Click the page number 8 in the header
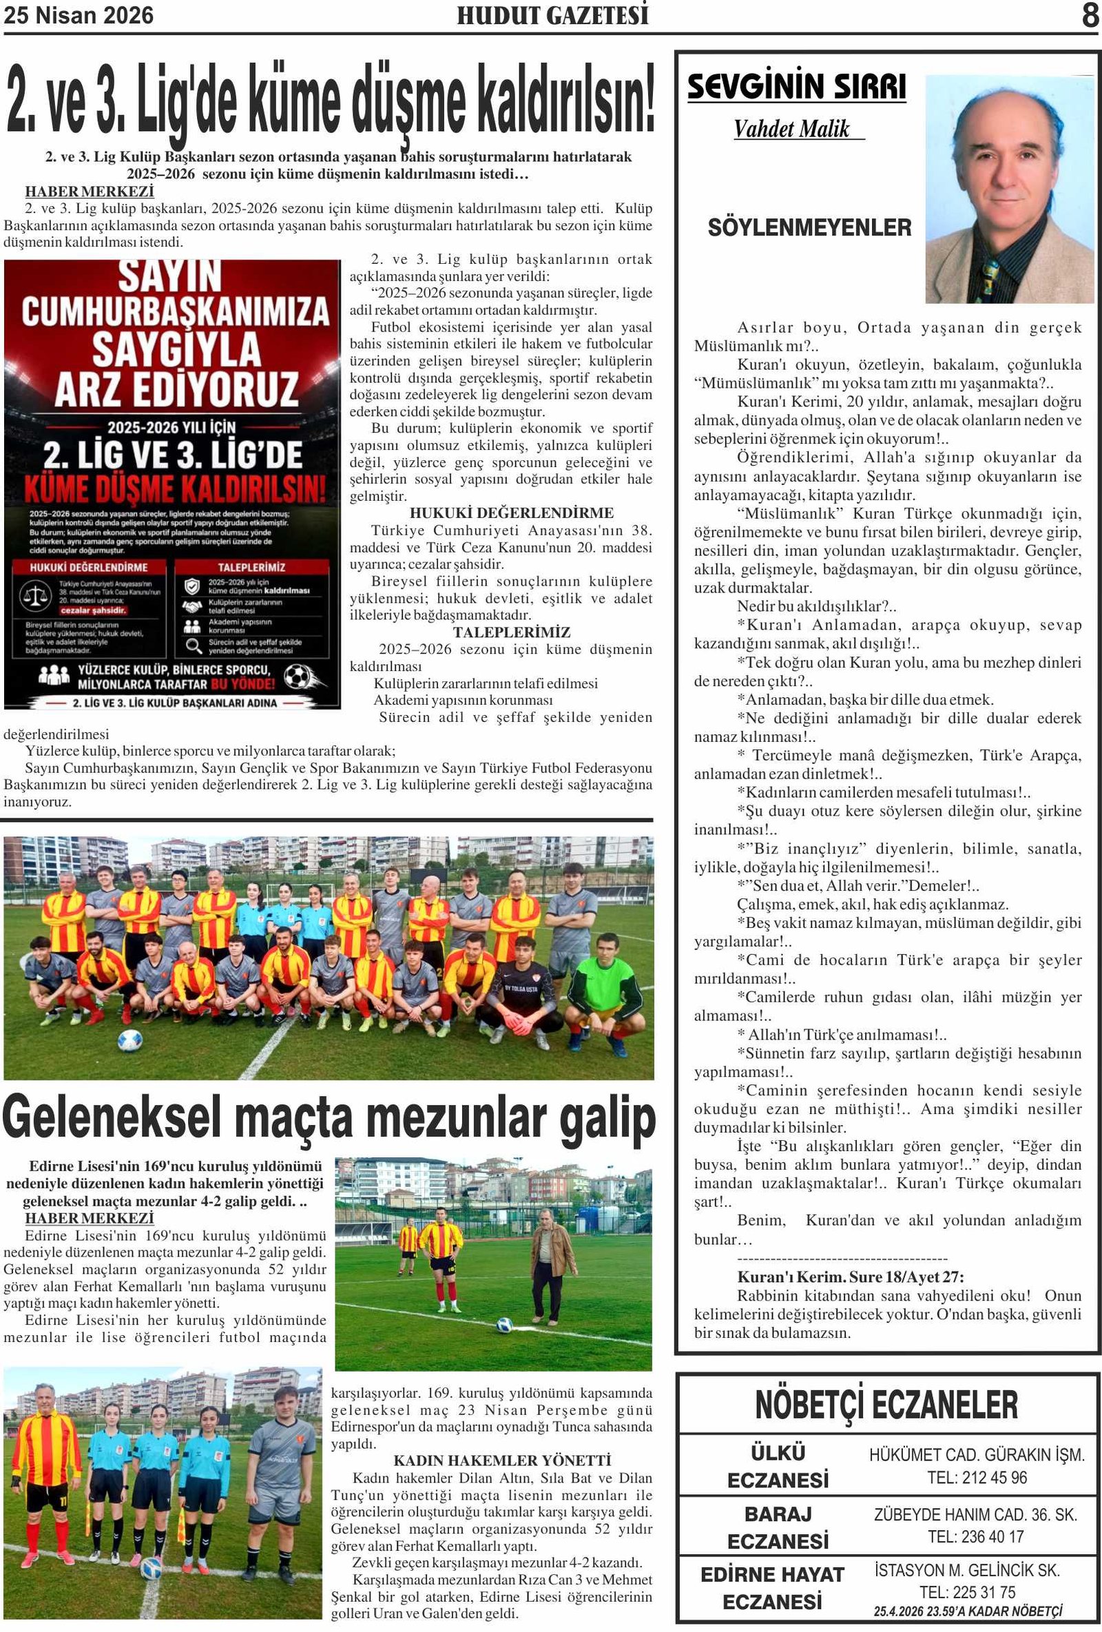[x=1090, y=15]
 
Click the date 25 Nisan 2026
[x=79, y=15]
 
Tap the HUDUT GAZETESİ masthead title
[x=552, y=15]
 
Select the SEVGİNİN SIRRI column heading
[x=797, y=87]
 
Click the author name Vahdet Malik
[x=792, y=130]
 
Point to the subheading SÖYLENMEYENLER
[x=809, y=227]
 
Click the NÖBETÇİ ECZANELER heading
[x=886, y=1405]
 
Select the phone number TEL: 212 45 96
[x=977, y=1478]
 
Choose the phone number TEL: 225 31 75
[x=967, y=1592]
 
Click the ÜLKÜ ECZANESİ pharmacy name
[x=778, y=1466]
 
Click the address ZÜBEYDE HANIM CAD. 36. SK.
[x=975, y=1515]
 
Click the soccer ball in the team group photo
[x=130, y=1040]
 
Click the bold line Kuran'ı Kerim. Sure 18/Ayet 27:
[x=850, y=1277]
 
